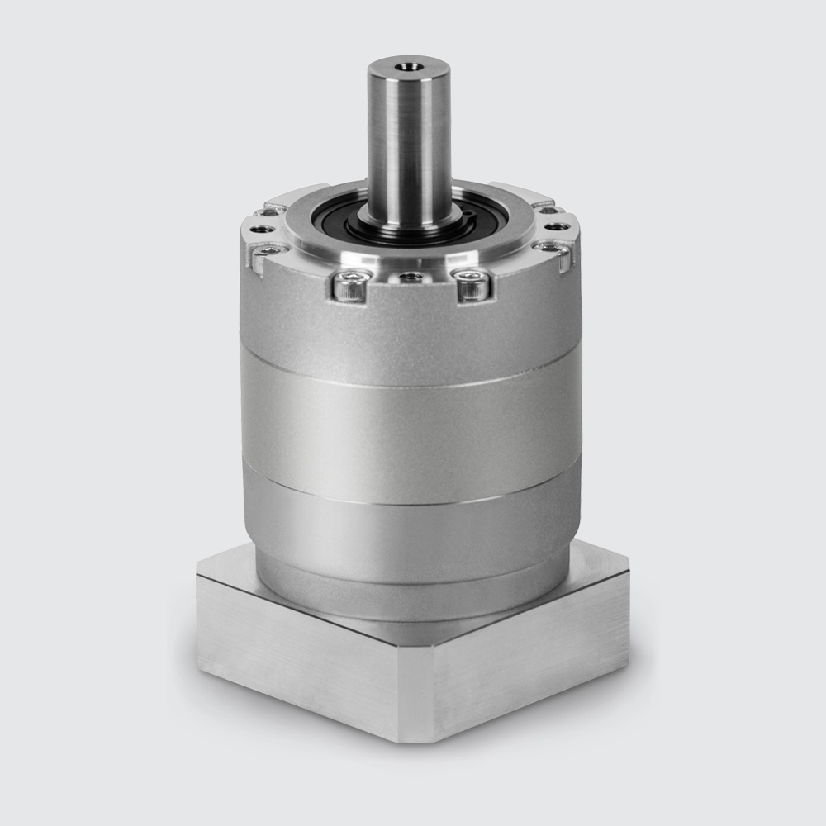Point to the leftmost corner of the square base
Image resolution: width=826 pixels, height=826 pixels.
(197, 570)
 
